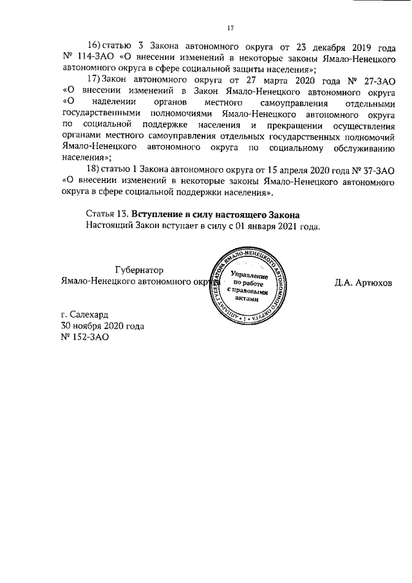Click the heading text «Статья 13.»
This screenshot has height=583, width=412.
(107, 213)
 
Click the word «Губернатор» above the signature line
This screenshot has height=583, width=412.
(138, 271)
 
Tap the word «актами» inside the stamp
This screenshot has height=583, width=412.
(247, 298)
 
